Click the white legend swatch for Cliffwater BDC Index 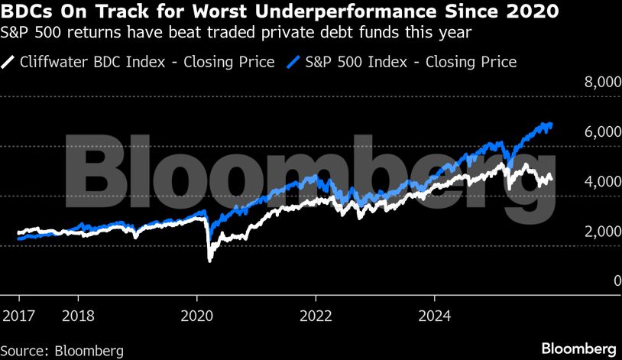pos(9,62)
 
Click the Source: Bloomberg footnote pos(63,351)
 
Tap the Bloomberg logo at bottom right pos(579,349)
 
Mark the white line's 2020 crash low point pos(210,261)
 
